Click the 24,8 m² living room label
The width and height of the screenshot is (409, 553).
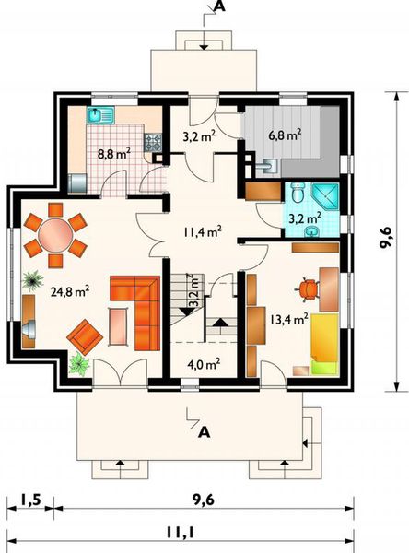tap(70, 291)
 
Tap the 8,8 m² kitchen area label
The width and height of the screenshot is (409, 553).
tap(114, 153)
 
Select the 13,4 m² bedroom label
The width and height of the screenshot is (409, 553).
tap(289, 319)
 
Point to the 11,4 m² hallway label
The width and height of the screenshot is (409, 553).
tap(203, 231)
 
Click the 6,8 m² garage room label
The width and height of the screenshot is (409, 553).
tap(285, 135)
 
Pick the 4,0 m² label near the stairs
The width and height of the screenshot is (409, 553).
tap(204, 364)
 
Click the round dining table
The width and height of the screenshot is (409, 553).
tap(55, 235)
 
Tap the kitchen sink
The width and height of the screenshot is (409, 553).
tap(100, 115)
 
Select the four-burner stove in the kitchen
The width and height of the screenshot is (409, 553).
tap(153, 143)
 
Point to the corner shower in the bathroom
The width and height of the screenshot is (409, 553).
tap(325, 196)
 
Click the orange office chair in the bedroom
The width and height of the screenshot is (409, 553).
tap(307, 289)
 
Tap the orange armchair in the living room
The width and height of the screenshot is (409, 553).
tap(85, 336)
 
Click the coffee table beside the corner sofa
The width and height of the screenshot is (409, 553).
tap(118, 326)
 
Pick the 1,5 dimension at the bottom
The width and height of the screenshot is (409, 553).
tap(30, 500)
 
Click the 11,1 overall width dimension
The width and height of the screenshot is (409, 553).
tap(181, 532)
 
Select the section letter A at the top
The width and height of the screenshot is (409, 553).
tap(219, 6)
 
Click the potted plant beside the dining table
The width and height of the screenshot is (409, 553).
tap(33, 280)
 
